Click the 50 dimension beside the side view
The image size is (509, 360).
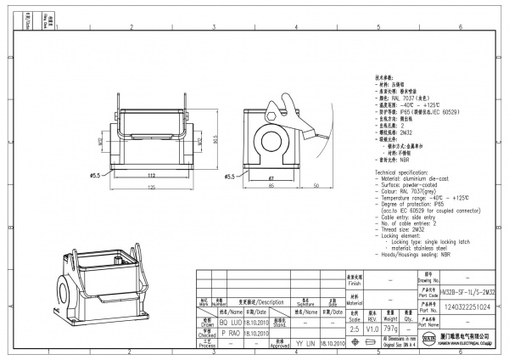coord(316,186)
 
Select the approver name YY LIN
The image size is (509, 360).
coord(304,345)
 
